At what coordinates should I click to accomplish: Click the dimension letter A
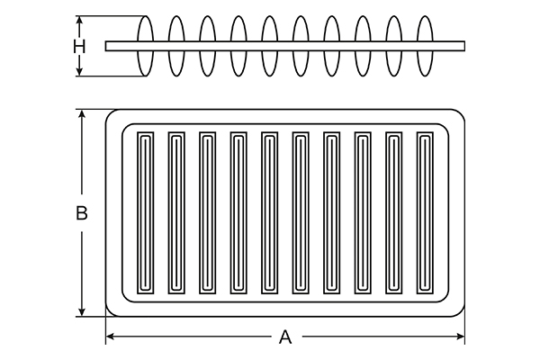coord(285,337)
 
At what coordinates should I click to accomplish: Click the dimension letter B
coord(81,213)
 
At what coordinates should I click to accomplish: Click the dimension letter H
coord(79,45)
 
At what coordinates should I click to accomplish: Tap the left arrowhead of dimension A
coord(110,337)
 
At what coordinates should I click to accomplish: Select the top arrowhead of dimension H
coord(79,18)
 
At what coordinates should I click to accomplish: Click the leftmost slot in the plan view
coord(145,212)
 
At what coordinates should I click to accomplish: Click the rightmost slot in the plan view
coord(425,212)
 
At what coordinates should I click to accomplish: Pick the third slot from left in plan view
coord(207,212)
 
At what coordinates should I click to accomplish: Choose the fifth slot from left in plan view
coord(269,212)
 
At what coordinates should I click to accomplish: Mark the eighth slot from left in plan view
coord(363,212)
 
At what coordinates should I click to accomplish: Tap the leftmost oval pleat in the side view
coord(145,45)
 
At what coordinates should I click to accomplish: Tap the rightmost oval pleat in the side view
coord(425,45)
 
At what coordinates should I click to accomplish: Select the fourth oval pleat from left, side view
coord(238,45)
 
